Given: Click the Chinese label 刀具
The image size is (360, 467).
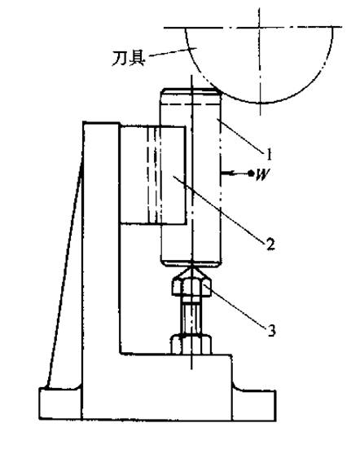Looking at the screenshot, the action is pos(129,59).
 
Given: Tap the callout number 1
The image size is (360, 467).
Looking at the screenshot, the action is pos(269,155).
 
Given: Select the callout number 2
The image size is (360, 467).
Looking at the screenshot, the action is pos(270,244).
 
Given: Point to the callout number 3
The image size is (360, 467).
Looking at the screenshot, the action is pos(271,330).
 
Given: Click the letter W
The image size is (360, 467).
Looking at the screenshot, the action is pos(263,174).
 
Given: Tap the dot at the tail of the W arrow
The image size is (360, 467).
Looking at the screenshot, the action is pos(251,173).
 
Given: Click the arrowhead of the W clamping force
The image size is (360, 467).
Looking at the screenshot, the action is pos(226,173).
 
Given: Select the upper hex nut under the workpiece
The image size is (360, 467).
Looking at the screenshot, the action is pos(191,287).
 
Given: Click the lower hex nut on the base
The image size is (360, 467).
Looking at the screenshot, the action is pos(191,345).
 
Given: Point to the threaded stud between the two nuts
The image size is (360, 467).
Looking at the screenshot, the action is pos(191,315).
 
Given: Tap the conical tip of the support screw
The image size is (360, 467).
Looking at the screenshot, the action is pos(192,270).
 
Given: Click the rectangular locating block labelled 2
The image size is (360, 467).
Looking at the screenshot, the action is pos(153,175).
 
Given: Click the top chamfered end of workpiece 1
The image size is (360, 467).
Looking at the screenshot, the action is pos(191,96).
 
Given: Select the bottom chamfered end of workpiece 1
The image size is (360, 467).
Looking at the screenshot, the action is pos(191,262).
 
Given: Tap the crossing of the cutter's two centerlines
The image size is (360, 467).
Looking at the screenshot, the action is pos(260,28).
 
